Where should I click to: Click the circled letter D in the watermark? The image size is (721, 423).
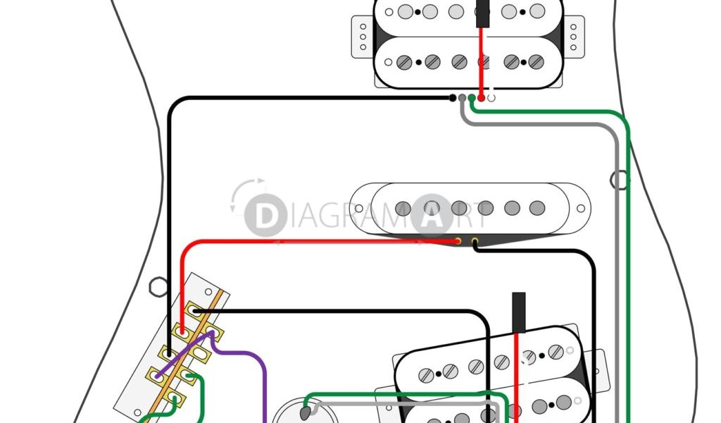coord(265,215)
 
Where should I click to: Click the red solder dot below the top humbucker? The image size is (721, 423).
coord(481,98)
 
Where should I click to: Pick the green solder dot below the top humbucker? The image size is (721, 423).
coord(472,98)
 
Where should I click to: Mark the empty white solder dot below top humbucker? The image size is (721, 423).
coord(491,98)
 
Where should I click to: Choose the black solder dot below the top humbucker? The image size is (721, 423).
coord(453,98)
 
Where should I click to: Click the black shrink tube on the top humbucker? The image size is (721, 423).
coord(483,14)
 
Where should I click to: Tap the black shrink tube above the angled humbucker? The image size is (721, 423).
coord(518,311)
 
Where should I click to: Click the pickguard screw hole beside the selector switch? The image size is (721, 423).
coord(158,286)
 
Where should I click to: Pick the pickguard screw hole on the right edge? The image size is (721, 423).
coord(620,180)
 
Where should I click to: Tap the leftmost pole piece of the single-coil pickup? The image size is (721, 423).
coord(403,208)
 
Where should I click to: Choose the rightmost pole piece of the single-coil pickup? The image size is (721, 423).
coord(537,208)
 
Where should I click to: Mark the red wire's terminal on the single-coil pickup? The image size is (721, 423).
coord(458,241)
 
